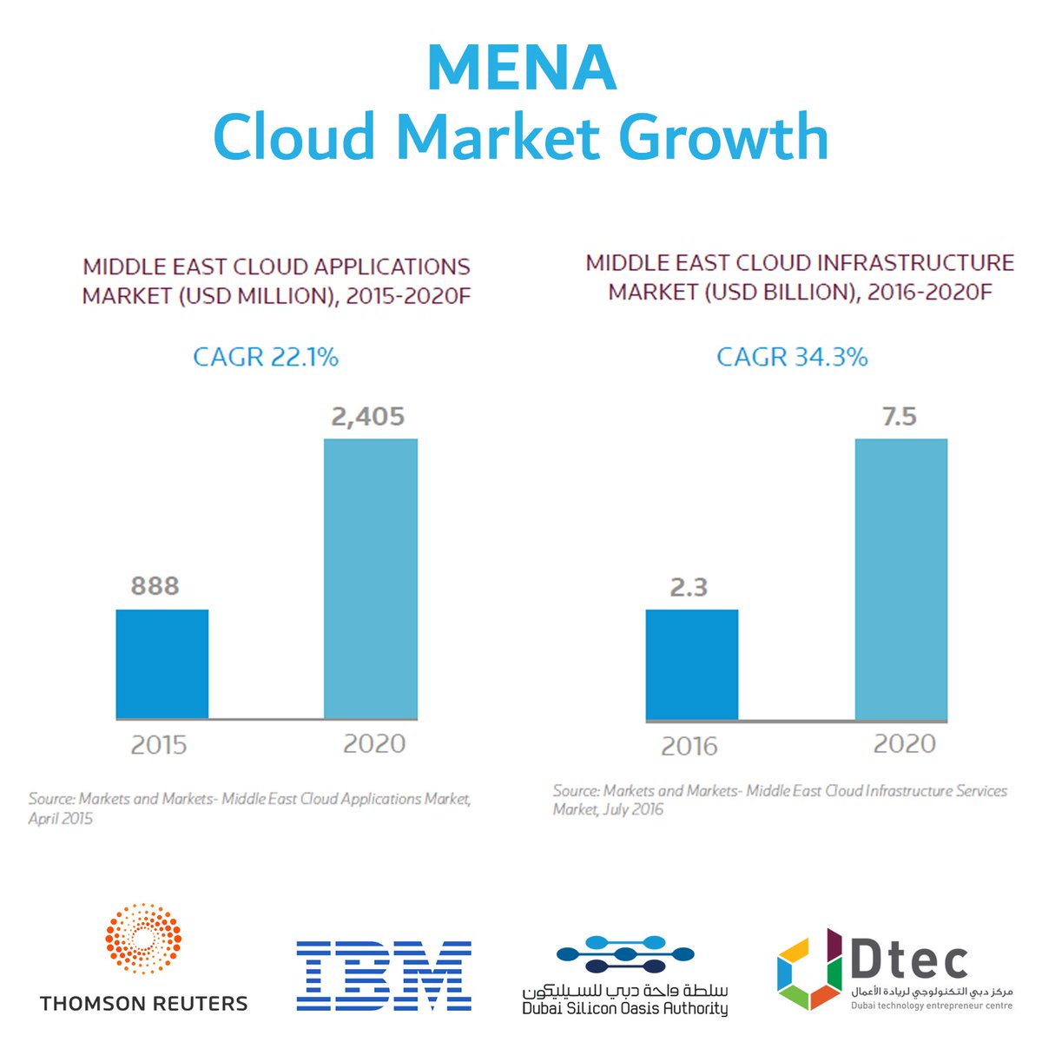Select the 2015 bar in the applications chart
click(x=162, y=663)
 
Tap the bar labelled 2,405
click(x=371, y=578)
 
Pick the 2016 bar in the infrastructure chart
click(x=692, y=664)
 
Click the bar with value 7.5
click(x=900, y=580)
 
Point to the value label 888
click(x=155, y=586)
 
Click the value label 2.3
click(x=689, y=588)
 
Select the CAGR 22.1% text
click(x=266, y=357)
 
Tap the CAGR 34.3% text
click(x=792, y=357)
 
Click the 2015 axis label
click(x=159, y=745)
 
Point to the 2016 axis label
click(x=689, y=746)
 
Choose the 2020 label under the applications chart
click(x=374, y=743)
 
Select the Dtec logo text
click(x=908, y=960)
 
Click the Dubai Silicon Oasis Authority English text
click(x=625, y=1009)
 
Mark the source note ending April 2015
click(x=249, y=808)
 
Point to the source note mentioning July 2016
click(x=779, y=800)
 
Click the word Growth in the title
click(x=729, y=136)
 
